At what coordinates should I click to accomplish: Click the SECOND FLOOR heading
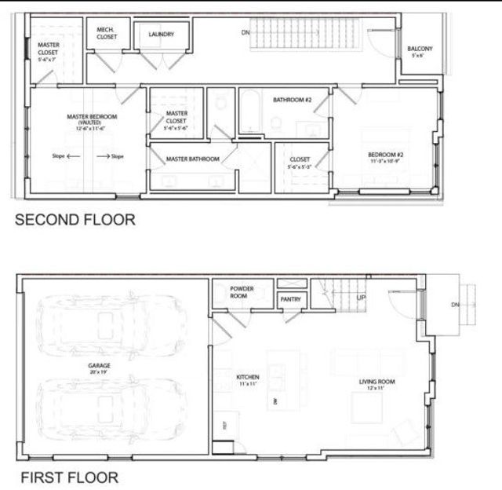[75, 220]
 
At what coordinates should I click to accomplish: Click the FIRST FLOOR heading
[69, 477]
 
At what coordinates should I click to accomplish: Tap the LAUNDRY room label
[162, 35]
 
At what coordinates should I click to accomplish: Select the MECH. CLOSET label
[107, 33]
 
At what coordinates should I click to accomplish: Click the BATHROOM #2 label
[293, 101]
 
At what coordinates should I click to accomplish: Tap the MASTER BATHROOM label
[192, 159]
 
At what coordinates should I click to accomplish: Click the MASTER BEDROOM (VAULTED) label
[92, 119]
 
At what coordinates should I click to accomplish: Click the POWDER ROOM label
[242, 292]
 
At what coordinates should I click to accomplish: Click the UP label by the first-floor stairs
[361, 298]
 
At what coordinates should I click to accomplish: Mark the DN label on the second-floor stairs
[246, 32]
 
